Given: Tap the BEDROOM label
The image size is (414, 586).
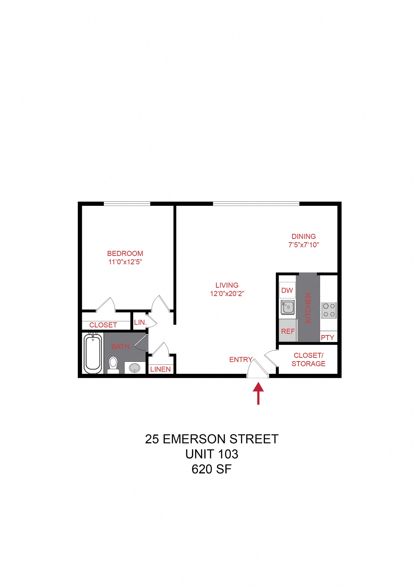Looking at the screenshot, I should tap(125, 254).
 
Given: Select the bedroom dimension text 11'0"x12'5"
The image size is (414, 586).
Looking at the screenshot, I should tap(125, 262).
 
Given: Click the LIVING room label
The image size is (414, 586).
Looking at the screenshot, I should tap(227, 285).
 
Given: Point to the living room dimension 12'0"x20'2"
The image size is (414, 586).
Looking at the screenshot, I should tap(227, 294).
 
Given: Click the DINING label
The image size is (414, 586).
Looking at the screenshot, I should tap(303, 237).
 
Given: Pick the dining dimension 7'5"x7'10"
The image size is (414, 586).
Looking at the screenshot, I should tap(303, 245).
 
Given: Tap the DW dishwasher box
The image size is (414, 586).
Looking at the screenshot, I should tap(287, 290).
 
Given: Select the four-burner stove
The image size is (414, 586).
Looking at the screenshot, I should tap(329, 310).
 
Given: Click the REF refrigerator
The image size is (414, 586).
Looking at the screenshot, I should tap(288, 331).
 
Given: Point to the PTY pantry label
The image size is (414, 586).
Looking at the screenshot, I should tap(327, 337).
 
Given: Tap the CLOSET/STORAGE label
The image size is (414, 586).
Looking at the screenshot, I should tap(308, 359).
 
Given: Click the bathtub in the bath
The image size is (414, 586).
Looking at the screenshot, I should tap(92, 353).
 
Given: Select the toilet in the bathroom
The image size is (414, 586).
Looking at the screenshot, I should tap(114, 365).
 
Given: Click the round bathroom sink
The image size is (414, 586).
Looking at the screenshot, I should tap(135, 368).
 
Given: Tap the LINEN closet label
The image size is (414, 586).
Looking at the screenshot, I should tap(161, 369).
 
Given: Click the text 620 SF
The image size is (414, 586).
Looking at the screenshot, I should tap(211, 469).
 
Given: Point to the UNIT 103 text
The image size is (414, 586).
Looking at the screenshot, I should tap(212, 454).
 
